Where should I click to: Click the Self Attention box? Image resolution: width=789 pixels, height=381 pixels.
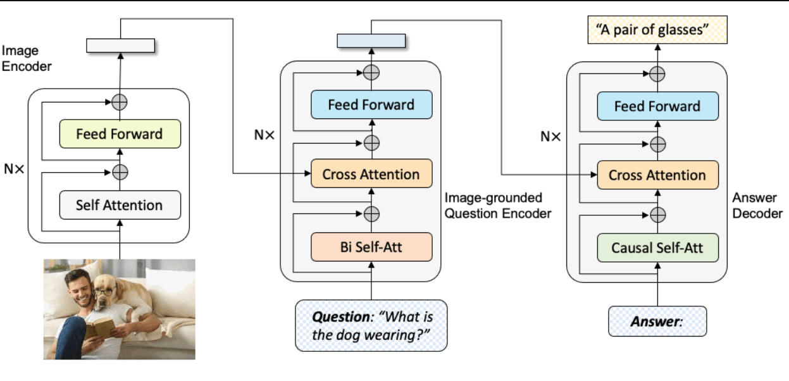[120, 204]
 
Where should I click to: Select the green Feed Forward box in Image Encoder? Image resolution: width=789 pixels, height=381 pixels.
[120, 134]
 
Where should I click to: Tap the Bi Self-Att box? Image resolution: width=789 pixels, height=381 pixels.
[371, 247]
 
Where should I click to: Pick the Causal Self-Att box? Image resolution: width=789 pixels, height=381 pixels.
[657, 247]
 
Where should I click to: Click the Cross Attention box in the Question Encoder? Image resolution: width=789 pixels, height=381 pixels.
[371, 175]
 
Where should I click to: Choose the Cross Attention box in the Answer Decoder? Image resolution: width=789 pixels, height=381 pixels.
[657, 175]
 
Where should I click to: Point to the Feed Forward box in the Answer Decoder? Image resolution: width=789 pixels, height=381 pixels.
[657, 106]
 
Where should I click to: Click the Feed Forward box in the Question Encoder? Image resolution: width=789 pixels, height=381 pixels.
[371, 104]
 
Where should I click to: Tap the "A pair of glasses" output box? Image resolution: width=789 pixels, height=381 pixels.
[657, 30]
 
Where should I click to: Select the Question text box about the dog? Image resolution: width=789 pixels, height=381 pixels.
[371, 325]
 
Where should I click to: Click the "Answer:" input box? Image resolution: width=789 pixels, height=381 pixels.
[657, 321]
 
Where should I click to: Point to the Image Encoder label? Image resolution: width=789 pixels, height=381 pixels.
[27, 58]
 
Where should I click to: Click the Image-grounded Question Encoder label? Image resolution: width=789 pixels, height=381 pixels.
[497, 206]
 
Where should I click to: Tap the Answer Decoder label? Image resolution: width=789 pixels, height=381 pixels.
[757, 206]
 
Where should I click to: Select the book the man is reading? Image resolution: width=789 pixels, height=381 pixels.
[99, 328]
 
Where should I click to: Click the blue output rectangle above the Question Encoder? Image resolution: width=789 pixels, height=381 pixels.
[371, 41]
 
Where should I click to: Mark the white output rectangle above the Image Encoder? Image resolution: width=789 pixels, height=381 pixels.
[120, 46]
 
